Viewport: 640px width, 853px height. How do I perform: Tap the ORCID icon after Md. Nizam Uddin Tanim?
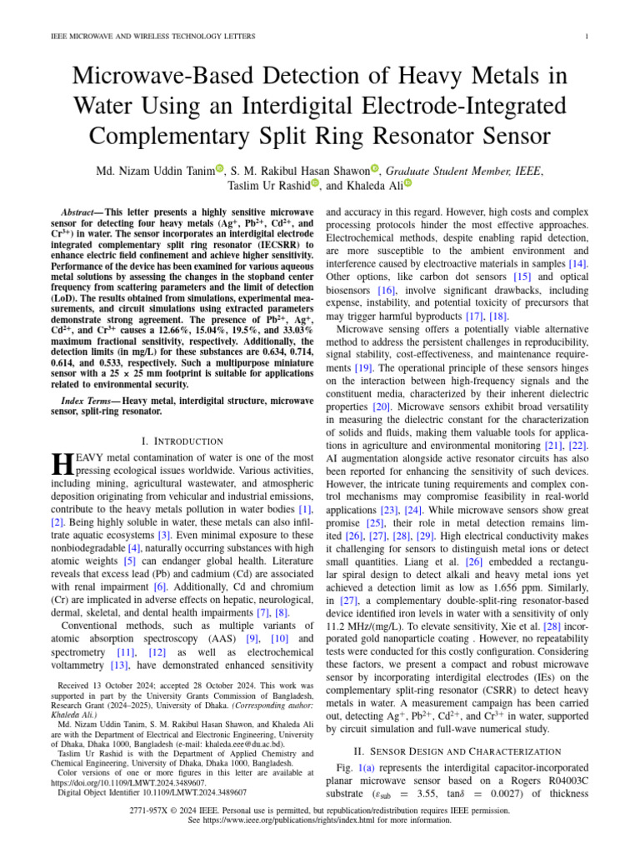tap(220, 169)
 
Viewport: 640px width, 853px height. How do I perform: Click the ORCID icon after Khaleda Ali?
tap(407, 184)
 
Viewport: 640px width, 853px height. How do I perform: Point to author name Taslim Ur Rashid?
tap(267, 185)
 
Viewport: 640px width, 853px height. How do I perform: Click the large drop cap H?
tap(59, 464)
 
